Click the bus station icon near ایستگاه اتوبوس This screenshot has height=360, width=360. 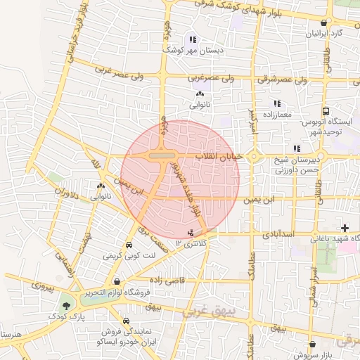coord(326,111)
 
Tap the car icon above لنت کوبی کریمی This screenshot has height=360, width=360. coord(129,245)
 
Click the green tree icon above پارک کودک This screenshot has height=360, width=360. coord(66,306)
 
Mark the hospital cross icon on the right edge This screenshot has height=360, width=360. coord(344,228)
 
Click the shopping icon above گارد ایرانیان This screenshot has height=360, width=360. coord(323,22)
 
